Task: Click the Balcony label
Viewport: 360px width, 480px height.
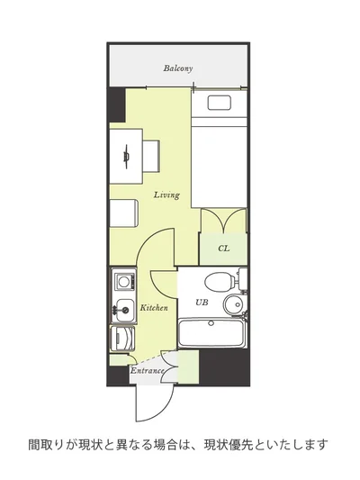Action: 177,68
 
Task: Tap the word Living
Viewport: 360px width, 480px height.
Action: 166,195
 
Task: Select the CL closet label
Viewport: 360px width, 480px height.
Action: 223,249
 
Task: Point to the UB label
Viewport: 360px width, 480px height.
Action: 202,303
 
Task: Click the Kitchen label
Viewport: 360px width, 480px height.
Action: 154,308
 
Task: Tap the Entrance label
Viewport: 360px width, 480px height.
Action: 148,371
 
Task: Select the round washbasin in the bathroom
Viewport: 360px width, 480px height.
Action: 233,304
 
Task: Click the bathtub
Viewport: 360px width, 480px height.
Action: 212,333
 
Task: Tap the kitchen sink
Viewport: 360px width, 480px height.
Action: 123,310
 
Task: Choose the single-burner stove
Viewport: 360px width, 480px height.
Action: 123,282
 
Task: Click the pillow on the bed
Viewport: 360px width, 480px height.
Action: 219,103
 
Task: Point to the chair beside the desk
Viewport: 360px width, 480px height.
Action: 151,156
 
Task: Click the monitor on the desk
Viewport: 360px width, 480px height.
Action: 126,157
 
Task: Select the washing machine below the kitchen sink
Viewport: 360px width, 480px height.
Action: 122,339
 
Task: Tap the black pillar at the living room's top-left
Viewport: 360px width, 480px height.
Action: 116,104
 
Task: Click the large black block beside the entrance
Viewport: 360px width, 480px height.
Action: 224,367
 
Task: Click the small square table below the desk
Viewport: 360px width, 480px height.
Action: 123,213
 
